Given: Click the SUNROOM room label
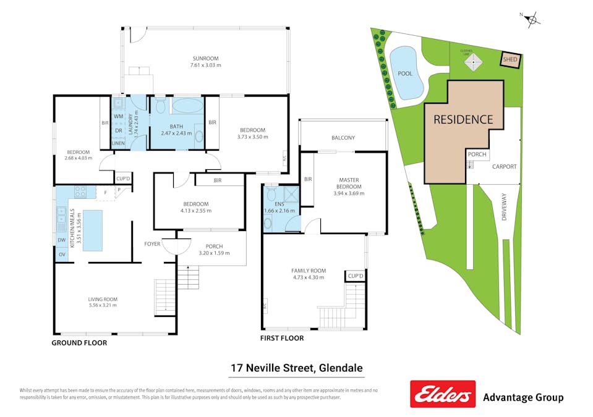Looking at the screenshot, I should (x=206, y=61).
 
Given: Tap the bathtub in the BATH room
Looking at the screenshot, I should (x=187, y=105).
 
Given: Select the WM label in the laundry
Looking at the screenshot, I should (x=118, y=116).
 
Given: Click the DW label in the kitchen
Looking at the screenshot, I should (x=61, y=240).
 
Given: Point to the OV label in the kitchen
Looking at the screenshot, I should (x=61, y=255).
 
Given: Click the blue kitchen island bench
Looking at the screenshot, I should (x=92, y=230).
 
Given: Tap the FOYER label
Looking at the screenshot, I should (x=152, y=243).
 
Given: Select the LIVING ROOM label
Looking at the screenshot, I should (x=102, y=301).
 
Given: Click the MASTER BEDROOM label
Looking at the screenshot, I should (x=349, y=183).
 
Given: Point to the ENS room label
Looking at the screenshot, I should (x=279, y=204).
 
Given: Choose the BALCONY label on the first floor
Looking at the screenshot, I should (x=343, y=138).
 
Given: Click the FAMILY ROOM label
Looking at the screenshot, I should (x=309, y=274).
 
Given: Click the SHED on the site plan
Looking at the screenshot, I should (x=510, y=60).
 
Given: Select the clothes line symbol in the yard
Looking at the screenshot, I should (x=474, y=62).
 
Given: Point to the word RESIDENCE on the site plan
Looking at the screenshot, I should (x=463, y=119).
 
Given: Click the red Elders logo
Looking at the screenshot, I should (x=443, y=394).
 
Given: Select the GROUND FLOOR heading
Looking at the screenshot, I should (x=79, y=342).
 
